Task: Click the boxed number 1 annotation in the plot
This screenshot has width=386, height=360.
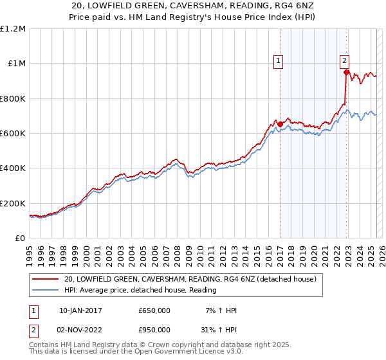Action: point(279,62)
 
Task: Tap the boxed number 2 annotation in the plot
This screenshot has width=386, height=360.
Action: point(345,62)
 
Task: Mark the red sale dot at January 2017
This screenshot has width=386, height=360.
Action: point(280,124)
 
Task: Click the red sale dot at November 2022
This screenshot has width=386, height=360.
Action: point(346,72)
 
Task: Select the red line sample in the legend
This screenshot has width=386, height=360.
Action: point(45,280)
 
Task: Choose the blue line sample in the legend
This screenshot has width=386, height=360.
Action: point(45,291)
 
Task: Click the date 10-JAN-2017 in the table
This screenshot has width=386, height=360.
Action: point(80,310)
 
